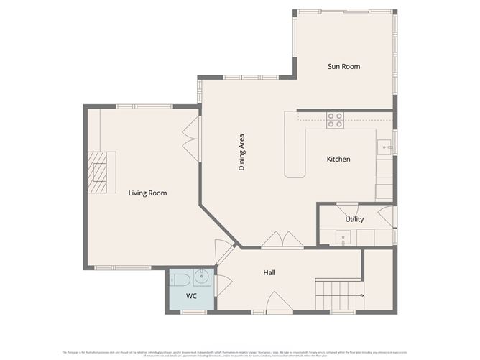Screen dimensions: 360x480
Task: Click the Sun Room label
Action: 343,67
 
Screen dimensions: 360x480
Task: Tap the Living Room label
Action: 147,193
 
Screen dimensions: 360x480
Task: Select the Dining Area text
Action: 242,152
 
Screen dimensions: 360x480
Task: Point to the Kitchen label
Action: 338,159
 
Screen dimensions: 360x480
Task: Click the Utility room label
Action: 354,219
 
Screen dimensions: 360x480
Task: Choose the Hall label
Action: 269,272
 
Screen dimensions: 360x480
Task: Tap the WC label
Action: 191,296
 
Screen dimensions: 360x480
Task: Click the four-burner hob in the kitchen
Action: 335,119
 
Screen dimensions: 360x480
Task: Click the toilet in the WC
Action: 180,279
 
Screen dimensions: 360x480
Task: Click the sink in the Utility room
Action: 343,237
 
